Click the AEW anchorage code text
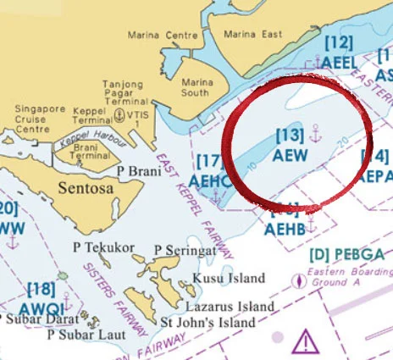pyautogui.click(x=290, y=156)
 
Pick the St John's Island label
pyautogui.click(x=208, y=324)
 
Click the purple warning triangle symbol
pyautogui.click(x=304, y=341)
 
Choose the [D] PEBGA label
pyautogui.click(x=346, y=254)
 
